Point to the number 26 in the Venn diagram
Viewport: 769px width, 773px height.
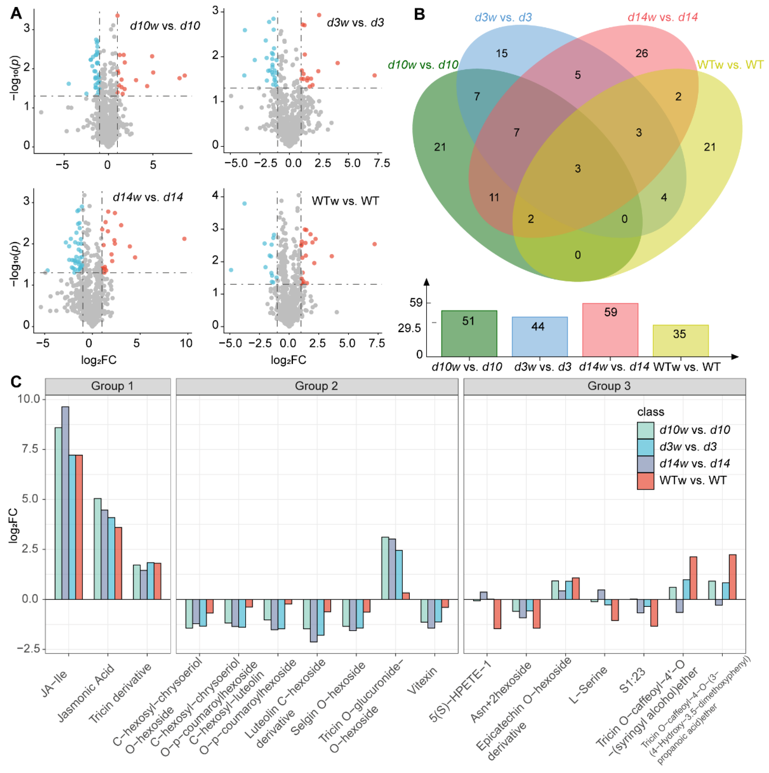(x=641, y=53)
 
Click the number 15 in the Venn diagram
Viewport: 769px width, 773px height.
(x=502, y=53)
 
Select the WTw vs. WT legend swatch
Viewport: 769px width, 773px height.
(x=645, y=481)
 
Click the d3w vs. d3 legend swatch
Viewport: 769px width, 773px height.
(x=645, y=447)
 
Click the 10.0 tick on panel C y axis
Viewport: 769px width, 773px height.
(x=29, y=399)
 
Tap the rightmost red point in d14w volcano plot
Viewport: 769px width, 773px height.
(x=184, y=239)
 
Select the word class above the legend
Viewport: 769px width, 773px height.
(x=651, y=412)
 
